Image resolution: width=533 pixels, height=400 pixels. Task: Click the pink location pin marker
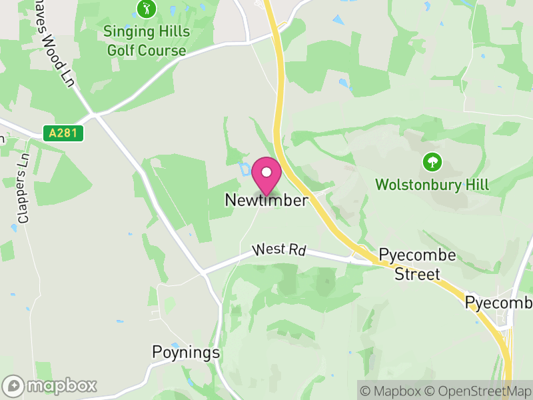click(x=266, y=175)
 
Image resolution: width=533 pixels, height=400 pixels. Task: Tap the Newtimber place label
click(x=266, y=200)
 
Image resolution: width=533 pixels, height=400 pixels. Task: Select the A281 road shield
click(x=65, y=133)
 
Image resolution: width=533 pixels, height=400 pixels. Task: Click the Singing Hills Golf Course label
click(x=146, y=41)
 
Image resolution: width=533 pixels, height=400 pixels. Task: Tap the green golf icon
click(x=146, y=9)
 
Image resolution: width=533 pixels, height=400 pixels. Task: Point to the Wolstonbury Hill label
click(x=432, y=185)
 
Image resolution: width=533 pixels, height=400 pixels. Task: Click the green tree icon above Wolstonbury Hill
click(x=432, y=161)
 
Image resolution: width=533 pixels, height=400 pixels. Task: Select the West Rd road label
click(x=279, y=250)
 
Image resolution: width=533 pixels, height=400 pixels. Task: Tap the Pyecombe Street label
click(x=417, y=265)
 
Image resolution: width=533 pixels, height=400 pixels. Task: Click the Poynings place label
click(x=186, y=352)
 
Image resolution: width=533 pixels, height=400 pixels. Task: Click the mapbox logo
click(x=50, y=385)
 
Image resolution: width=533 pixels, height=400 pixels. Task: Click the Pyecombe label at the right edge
click(x=498, y=302)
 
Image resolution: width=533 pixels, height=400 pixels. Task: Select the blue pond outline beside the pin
click(x=245, y=168)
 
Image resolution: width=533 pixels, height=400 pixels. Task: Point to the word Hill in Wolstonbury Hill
click(x=477, y=185)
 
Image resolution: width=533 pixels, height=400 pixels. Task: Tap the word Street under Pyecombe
click(x=417, y=274)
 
